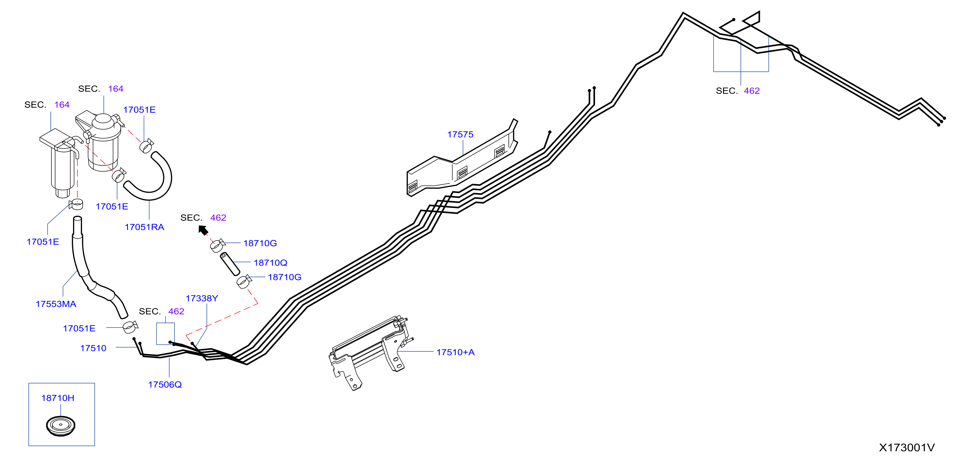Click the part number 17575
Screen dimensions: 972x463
460,134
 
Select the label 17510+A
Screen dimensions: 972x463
456,352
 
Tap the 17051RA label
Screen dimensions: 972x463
144,227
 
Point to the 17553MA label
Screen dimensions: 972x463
56,304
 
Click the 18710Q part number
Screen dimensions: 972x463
271,263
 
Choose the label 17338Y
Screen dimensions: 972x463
202,299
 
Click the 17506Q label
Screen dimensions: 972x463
165,384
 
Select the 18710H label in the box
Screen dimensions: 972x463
58,398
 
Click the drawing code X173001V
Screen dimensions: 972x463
907,447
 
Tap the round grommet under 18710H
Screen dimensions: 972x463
61,426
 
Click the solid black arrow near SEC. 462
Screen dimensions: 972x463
203,230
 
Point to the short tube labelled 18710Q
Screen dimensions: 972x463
230,264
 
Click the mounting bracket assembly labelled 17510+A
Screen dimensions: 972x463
370,353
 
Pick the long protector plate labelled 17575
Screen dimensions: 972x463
462,158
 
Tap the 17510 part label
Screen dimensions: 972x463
93,348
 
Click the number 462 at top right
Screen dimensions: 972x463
752,91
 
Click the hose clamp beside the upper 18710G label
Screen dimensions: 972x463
217,245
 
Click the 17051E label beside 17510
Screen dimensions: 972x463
79,328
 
